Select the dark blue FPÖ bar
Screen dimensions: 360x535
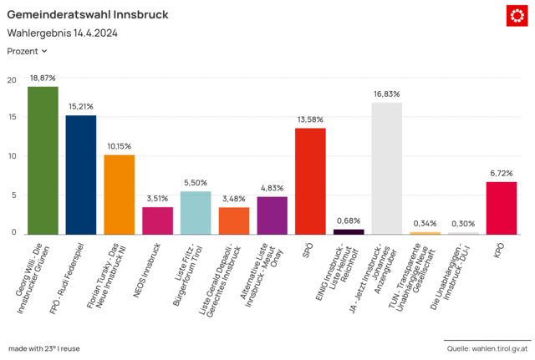point(81,175)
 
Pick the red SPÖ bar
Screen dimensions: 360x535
point(310,181)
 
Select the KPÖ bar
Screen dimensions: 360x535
point(501,208)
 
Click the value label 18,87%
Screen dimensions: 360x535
point(43,78)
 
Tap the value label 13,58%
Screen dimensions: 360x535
point(310,119)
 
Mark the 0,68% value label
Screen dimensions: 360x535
point(349,221)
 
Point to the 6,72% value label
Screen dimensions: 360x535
point(501,173)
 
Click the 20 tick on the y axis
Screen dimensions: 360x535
point(11,80)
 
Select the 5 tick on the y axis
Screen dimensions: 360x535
point(13,195)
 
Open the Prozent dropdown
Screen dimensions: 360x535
point(28,51)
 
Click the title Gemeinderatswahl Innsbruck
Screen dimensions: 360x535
point(87,15)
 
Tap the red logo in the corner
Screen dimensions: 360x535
point(517,15)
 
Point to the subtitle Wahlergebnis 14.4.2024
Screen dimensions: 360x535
point(62,33)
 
